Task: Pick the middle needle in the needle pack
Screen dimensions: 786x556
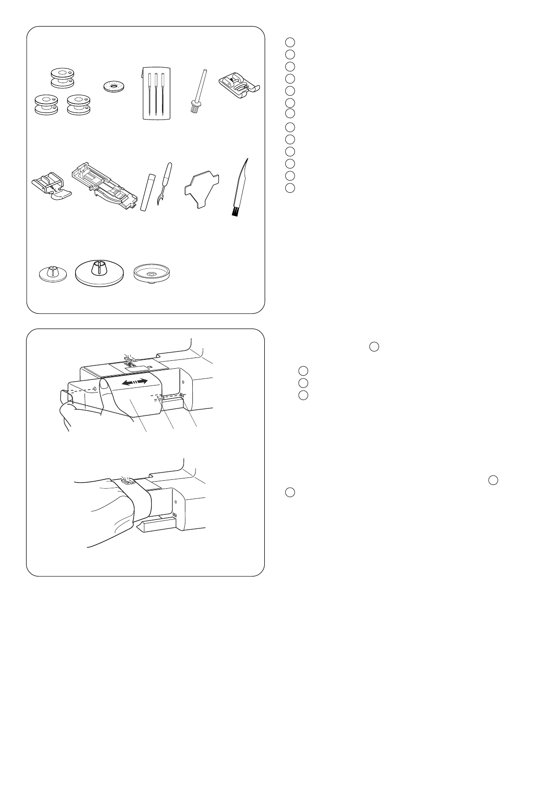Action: pyautogui.click(x=156, y=93)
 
